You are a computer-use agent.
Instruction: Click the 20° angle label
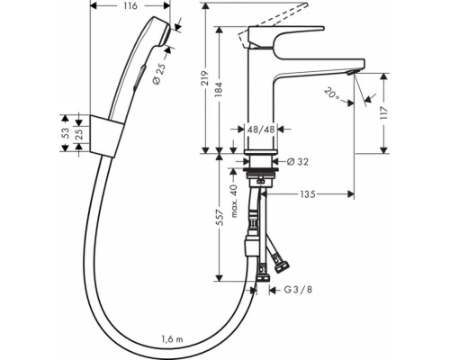pos(335,94)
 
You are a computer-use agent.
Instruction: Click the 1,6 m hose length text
pos(172,340)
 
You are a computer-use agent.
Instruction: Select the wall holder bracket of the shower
pos(106,134)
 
